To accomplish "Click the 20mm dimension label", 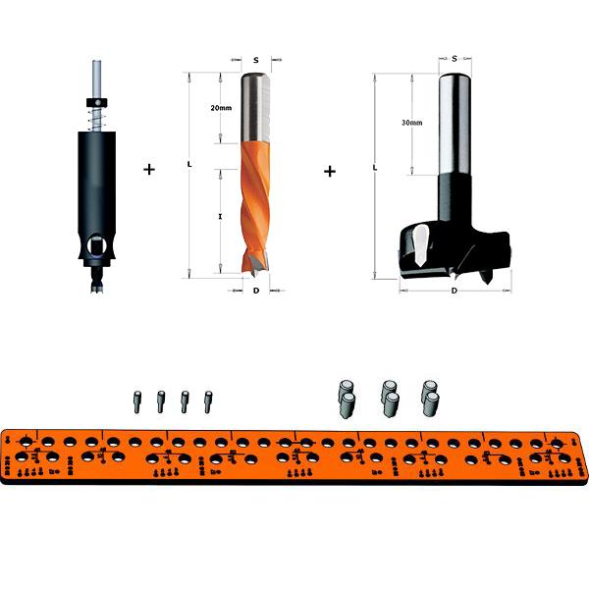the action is pos(221,108).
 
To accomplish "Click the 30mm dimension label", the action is pos(411,123).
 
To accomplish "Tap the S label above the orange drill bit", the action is pos(256,60).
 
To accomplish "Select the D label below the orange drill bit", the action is pos(256,291).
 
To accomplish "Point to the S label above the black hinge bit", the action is pos(455,59).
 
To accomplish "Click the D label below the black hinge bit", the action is pos(455,291).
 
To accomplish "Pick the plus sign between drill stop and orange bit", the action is pos(149,170).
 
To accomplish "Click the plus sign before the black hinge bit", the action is pos(330,172).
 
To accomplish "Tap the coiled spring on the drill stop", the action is pos(97,119).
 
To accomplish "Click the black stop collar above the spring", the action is pos(97,102).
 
